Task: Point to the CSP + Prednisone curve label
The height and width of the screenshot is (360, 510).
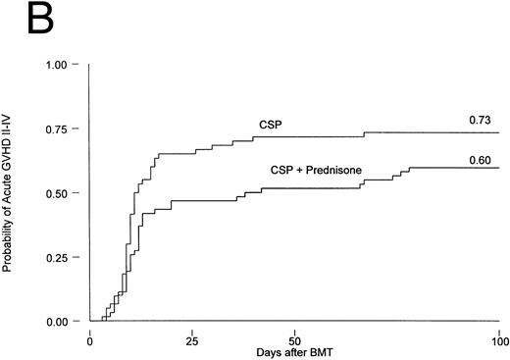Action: [316, 171]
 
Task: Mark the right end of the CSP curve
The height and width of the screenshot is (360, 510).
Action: [499, 132]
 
